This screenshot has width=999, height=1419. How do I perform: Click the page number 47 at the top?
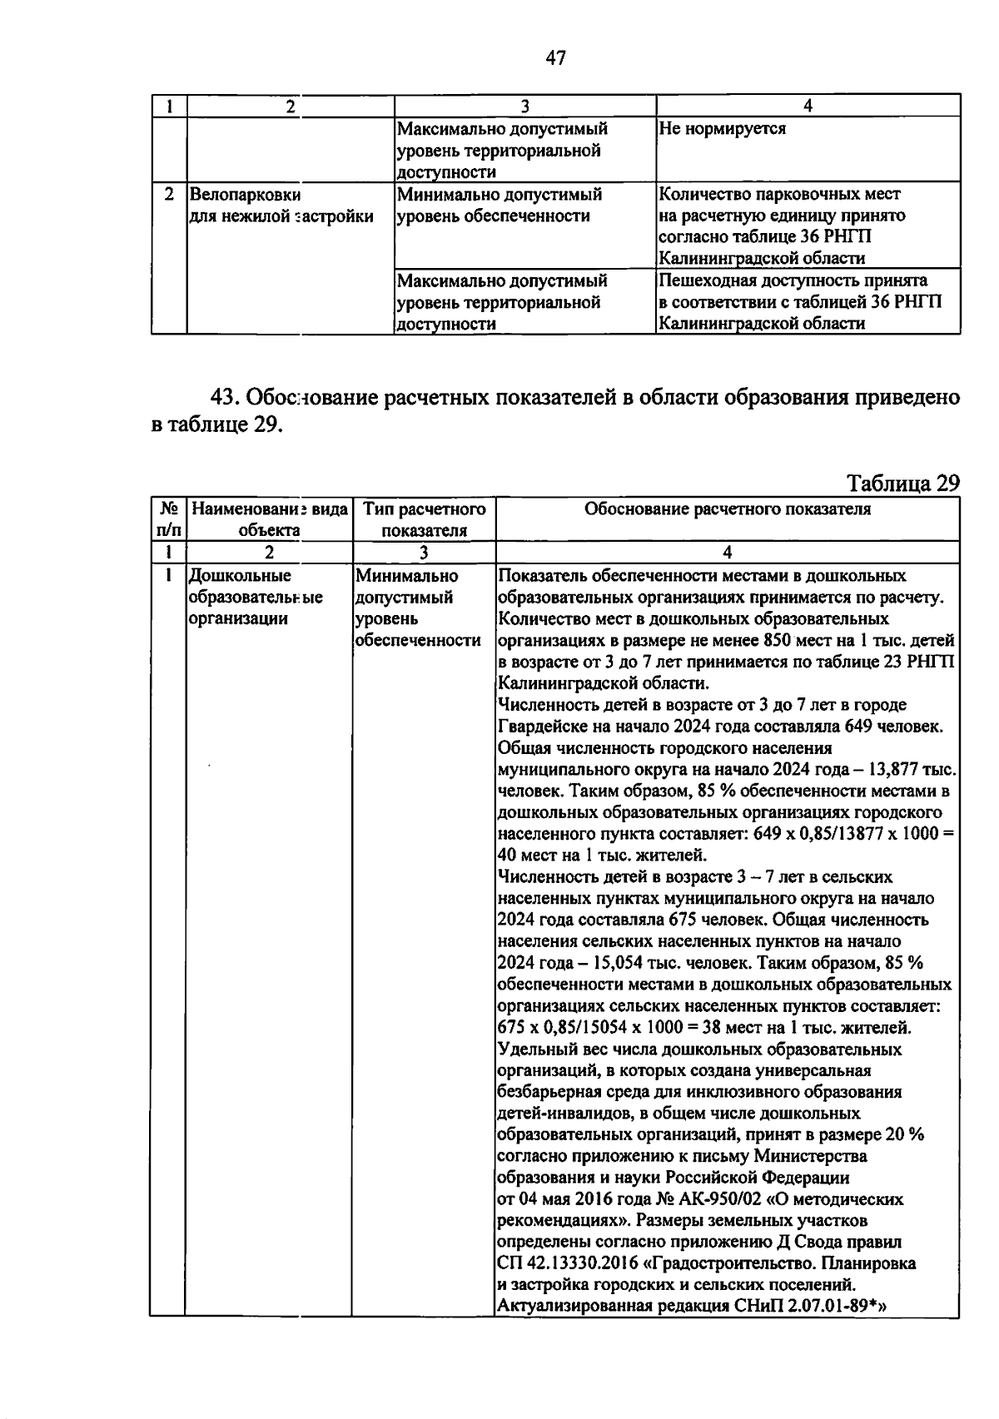pyautogui.click(x=555, y=57)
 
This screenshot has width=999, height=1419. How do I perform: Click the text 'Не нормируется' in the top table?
pyautogui.click(x=721, y=129)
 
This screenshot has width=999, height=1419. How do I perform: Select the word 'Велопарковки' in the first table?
pyautogui.click(x=245, y=195)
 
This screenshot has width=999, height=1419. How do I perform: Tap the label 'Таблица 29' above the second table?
pyautogui.click(x=902, y=483)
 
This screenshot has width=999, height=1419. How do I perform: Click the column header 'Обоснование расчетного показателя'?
pyautogui.click(x=727, y=509)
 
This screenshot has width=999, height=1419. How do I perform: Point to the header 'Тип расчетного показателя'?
pyautogui.click(x=424, y=519)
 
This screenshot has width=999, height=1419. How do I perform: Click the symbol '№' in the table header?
pyautogui.click(x=168, y=509)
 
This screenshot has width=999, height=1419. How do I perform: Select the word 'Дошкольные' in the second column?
pyautogui.click(x=240, y=576)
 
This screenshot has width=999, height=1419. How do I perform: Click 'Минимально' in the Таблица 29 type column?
pyautogui.click(x=406, y=576)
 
